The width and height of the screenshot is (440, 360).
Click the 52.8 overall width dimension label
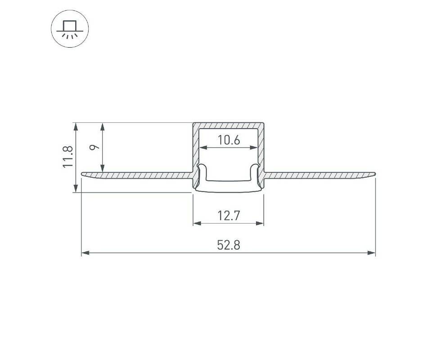[x=229, y=245]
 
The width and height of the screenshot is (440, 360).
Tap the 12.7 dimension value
[x=229, y=216]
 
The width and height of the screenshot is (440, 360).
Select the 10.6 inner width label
[x=229, y=140]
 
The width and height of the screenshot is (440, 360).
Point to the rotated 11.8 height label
[x=68, y=157]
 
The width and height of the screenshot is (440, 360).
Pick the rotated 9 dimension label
[x=95, y=147]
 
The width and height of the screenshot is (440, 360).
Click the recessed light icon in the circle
[x=70, y=28]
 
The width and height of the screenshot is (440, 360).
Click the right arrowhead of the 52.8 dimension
[x=372, y=253]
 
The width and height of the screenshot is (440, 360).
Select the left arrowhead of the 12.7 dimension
[x=197, y=223]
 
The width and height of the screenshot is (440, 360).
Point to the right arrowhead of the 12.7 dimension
[x=260, y=223]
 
